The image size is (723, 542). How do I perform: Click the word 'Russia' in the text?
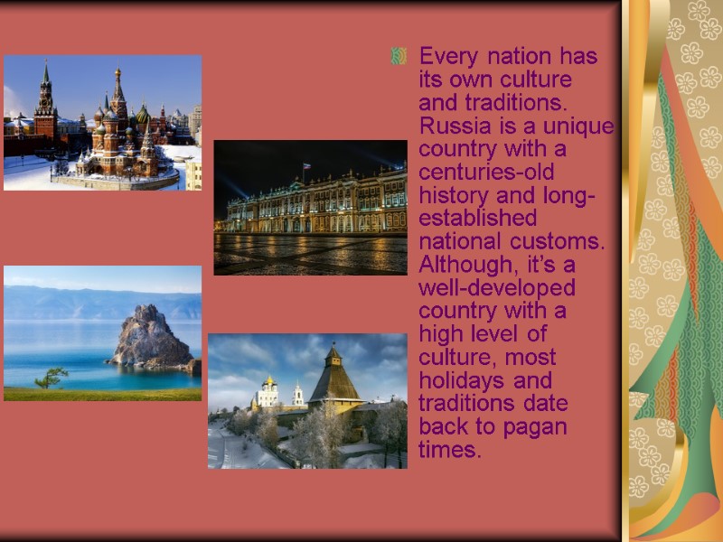pyautogui.click(x=449, y=125)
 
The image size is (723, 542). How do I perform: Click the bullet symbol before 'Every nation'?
pyautogui.click(x=398, y=58)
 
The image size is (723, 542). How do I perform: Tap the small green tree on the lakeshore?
pyautogui.click(x=52, y=377)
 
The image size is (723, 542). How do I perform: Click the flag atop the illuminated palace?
pyautogui.click(x=307, y=166)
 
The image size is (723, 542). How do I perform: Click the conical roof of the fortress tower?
pyautogui.click(x=333, y=378)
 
